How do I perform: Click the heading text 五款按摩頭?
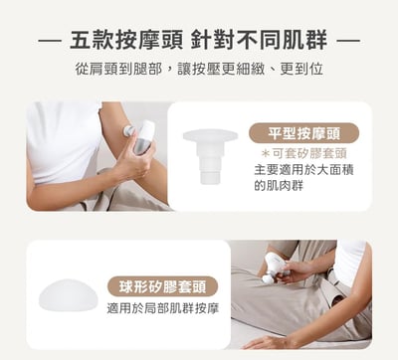[126, 40]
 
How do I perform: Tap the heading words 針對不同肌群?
[259, 40]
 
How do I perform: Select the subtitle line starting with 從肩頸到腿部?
[199, 70]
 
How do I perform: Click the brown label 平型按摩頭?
[303, 133]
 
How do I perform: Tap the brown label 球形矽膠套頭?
[163, 286]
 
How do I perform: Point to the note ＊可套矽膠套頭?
[303, 154]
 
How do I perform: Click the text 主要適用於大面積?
[303, 170]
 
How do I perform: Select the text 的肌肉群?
[279, 186]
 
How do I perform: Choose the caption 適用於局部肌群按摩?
[163, 308]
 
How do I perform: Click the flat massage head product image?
[210, 155]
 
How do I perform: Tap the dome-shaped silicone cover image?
[68, 295]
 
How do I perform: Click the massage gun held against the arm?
[140, 136]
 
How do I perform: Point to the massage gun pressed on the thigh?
[276, 267]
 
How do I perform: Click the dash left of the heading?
[50, 41]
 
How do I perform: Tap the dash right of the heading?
[348, 41]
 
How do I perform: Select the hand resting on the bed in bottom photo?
[266, 341]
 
